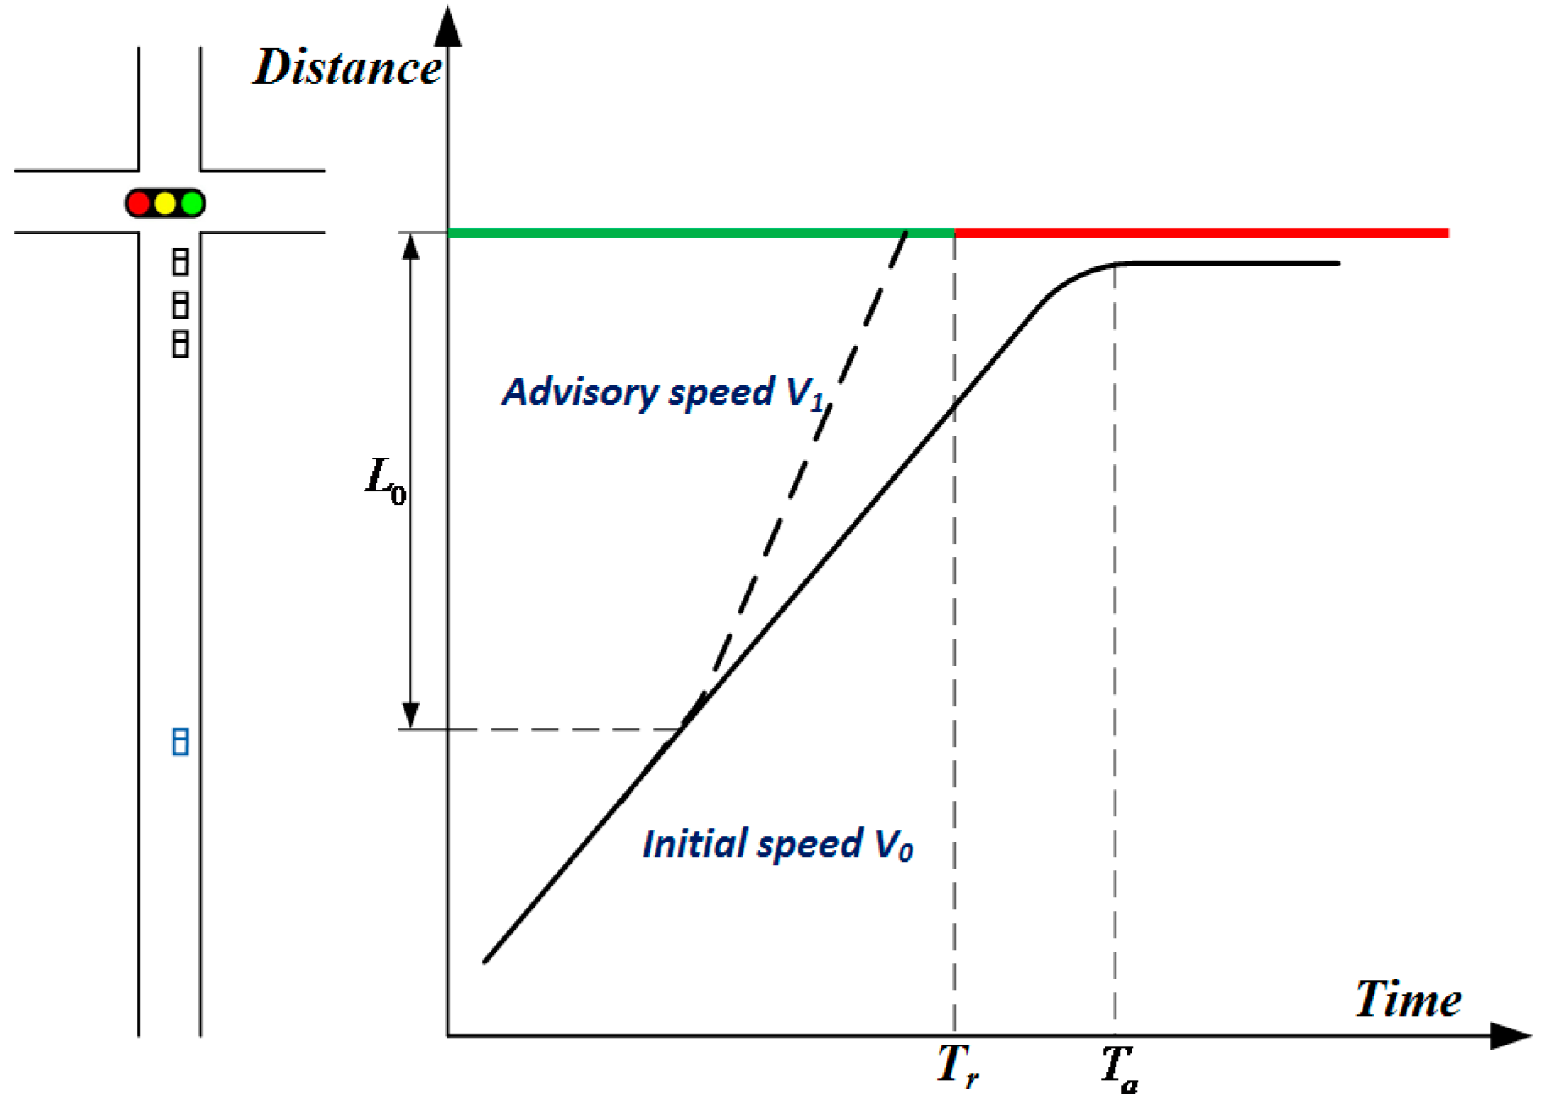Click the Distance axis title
tap(347, 68)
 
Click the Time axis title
tap(1407, 1000)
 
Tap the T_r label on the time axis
tap(957, 1066)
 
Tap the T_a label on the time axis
tap(1119, 1068)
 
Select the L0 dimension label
tap(386, 480)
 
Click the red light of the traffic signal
tap(139, 204)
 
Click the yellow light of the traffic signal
tap(166, 204)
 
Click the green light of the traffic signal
tap(193, 204)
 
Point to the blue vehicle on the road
tap(180, 742)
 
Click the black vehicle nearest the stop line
tap(180, 261)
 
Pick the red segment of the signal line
tap(1201, 233)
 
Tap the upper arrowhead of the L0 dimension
tap(411, 246)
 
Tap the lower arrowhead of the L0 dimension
tap(411, 715)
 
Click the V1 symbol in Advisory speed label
tap(805, 394)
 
